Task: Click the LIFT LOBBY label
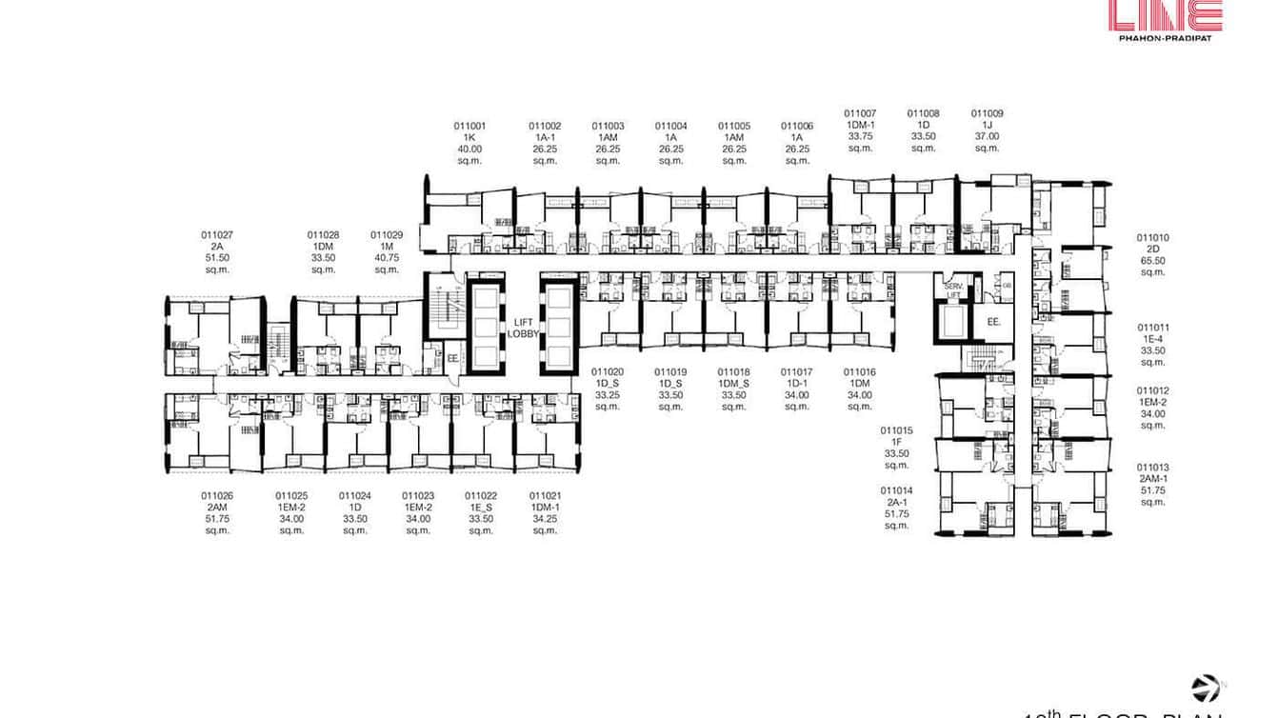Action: point(524,328)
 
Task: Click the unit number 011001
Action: point(469,126)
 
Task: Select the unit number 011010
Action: point(1152,238)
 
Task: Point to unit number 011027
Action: point(217,234)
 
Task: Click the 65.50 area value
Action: point(1152,261)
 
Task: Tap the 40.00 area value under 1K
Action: point(469,149)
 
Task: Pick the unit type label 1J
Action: point(987,125)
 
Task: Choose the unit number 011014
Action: point(897,490)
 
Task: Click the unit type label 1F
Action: point(897,442)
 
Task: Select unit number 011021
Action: point(545,495)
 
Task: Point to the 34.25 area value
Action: point(545,518)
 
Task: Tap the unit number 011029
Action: point(387,234)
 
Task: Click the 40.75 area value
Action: point(387,257)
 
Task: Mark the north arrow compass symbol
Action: point(1206,688)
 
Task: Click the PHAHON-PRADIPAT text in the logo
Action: point(1165,39)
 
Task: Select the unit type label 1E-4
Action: point(1152,339)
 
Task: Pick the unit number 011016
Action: point(860,372)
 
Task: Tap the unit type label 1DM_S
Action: point(734,384)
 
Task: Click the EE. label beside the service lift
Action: point(993,323)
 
